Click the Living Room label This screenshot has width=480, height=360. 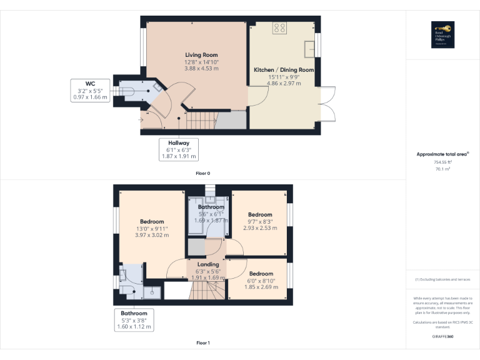point(201,55)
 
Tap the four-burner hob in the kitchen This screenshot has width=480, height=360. point(279,28)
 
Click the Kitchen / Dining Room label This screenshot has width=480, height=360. point(283,69)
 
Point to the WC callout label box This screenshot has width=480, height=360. point(89,90)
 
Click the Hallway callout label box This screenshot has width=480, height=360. point(178,149)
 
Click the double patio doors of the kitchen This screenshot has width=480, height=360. point(326,103)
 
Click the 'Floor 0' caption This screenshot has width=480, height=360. point(203,172)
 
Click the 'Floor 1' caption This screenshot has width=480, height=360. point(203,342)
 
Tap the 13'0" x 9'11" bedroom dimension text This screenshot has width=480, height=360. point(152,229)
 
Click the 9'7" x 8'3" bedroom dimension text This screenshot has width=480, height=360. point(259,222)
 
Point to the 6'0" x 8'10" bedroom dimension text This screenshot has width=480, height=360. point(261,281)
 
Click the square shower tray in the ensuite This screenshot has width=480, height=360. point(151,292)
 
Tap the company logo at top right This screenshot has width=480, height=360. point(442,35)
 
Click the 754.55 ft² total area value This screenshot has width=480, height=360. point(442,162)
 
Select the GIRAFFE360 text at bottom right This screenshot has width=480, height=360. point(442,336)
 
